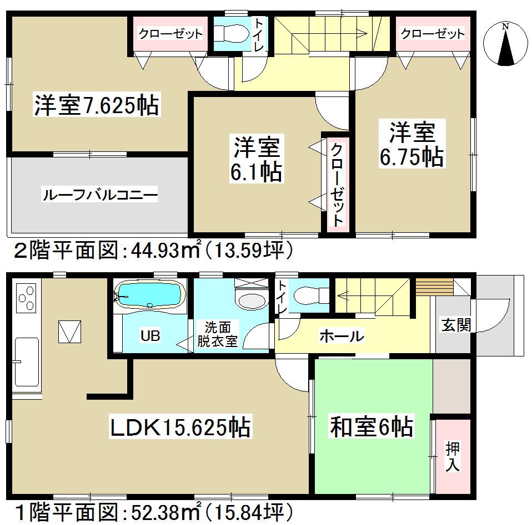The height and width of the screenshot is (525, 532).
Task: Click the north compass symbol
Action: pyautogui.click(x=505, y=44)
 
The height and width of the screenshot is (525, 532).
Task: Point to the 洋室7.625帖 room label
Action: pyautogui.click(x=97, y=105)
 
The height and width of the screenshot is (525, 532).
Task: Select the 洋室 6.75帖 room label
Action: pyautogui.click(x=411, y=145)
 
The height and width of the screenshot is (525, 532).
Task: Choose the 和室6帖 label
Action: pyautogui.click(x=372, y=427)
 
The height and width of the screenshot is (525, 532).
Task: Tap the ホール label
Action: pyautogui.click(x=342, y=336)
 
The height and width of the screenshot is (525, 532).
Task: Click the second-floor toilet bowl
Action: pyautogui.click(x=228, y=33)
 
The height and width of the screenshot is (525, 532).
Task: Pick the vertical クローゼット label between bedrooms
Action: pyautogui.click(x=337, y=183)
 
